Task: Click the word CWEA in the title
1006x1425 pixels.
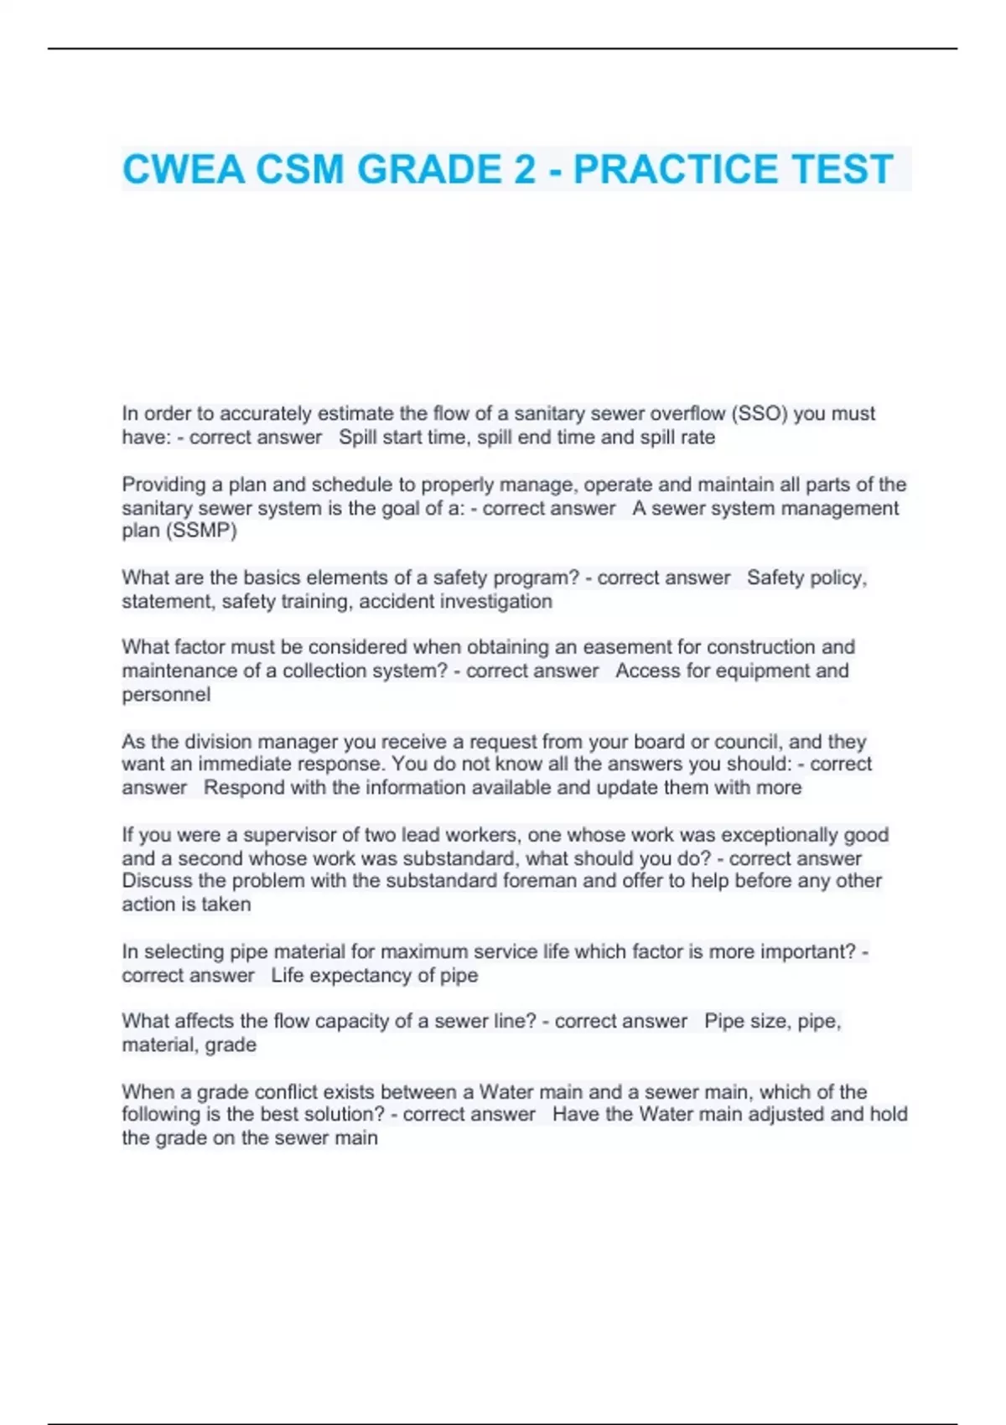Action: (184, 169)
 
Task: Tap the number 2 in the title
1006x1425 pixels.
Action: (524, 169)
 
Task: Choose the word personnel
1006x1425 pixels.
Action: (166, 694)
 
